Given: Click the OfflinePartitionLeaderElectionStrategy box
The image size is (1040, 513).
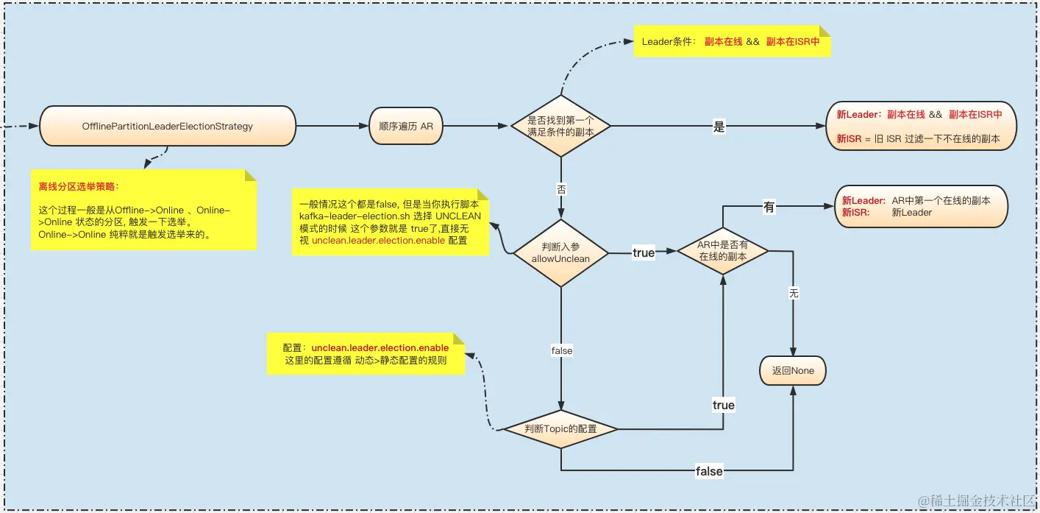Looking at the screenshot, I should click(167, 126).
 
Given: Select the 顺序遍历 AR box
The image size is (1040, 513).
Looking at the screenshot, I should click(405, 126).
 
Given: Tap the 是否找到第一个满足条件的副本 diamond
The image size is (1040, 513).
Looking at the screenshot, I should click(560, 126).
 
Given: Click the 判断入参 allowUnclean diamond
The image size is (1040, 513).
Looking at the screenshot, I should click(560, 252).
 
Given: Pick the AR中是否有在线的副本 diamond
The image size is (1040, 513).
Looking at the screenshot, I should click(722, 251).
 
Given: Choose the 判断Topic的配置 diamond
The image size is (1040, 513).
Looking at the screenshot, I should click(560, 428).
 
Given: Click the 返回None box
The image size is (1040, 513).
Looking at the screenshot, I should click(793, 371).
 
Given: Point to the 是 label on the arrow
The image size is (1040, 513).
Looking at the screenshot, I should click(719, 127).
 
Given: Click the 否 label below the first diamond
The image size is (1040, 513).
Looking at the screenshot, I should click(561, 189).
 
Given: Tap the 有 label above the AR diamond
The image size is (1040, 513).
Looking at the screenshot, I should click(769, 208).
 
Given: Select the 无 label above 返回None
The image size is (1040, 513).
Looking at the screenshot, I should click(793, 294).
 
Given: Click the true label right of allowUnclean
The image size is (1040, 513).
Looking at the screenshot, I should click(643, 252).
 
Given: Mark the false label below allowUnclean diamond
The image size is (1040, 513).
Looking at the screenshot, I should click(561, 351).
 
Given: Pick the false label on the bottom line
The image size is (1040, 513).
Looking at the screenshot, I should click(709, 470).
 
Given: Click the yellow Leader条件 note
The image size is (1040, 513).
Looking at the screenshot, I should click(731, 42).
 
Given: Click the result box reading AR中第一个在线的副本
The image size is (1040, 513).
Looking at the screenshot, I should click(920, 206).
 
